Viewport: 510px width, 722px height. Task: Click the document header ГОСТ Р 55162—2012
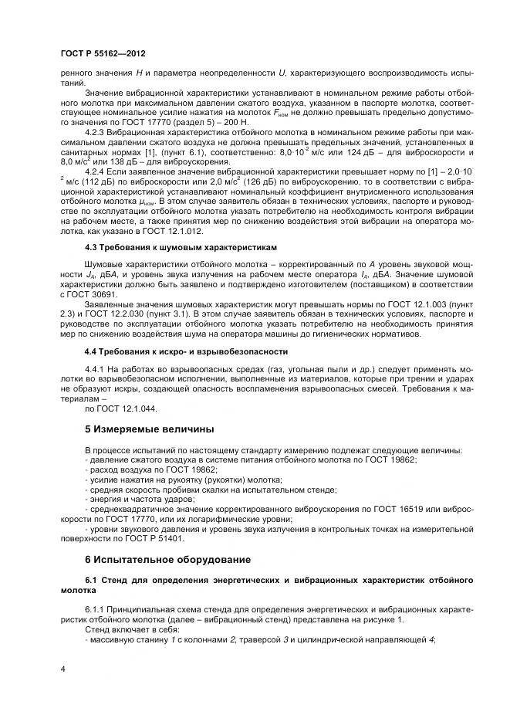coord(103,54)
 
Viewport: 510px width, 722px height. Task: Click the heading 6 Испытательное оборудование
coord(167,558)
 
